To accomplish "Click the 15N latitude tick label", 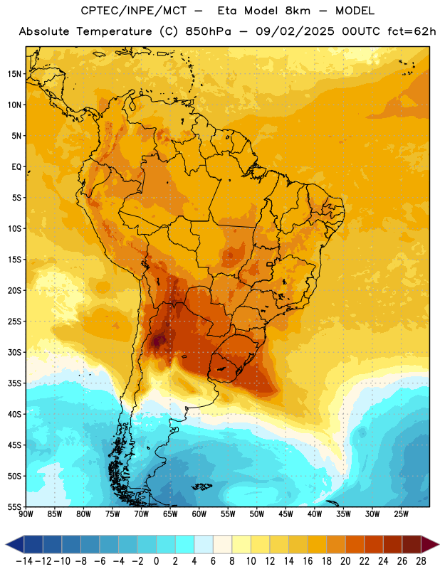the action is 14,74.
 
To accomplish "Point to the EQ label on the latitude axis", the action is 16,167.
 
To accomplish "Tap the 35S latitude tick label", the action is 14,383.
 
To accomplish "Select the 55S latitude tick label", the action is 14,506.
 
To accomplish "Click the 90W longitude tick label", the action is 26,514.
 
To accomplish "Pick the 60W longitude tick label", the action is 199,514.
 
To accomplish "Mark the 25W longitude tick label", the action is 401,514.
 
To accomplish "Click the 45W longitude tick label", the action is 286,514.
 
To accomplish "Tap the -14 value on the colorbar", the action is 24,561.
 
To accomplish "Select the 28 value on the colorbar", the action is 421,561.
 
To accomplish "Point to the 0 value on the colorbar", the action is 157,561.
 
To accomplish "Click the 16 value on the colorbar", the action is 308,561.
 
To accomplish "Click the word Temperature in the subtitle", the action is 114,31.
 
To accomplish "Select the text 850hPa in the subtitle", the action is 208,31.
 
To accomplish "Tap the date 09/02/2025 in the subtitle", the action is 295,31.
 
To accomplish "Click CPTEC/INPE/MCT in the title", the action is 133,11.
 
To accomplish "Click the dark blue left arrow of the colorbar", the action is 15,544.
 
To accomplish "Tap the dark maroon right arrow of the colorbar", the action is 430,544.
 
